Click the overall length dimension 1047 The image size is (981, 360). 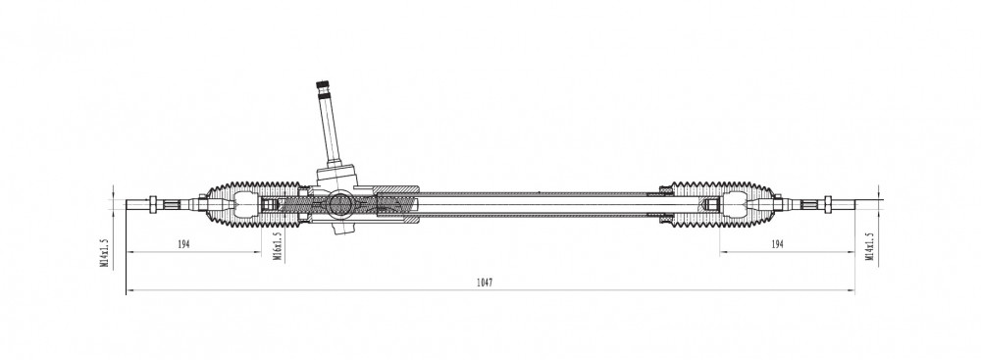[x=485, y=283]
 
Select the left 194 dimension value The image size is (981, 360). [x=183, y=244]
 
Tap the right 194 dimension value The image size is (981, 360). [x=777, y=244]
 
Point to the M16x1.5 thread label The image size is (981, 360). [x=278, y=245]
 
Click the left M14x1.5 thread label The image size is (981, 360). [x=105, y=252]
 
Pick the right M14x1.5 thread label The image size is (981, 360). [x=869, y=246]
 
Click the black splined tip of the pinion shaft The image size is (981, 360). [x=322, y=85]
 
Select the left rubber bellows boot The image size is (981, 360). [x=253, y=204]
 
